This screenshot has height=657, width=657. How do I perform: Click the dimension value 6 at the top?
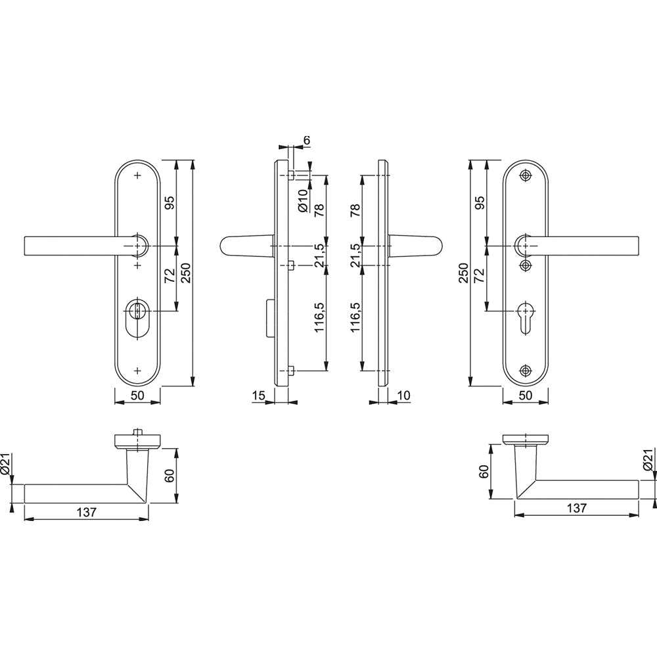[x=307, y=141]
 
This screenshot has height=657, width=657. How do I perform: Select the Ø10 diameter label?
[x=304, y=201]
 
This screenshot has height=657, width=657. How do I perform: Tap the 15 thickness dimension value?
[x=259, y=395]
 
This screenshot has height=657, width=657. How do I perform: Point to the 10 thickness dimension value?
[x=404, y=395]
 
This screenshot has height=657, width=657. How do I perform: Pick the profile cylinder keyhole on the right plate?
[x=525, y=317]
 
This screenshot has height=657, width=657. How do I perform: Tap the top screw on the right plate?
[x=526, y=175]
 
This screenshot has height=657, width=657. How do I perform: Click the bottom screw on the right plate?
[x=526, y=370]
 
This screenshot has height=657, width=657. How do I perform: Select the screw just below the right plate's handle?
[x=526, y=265]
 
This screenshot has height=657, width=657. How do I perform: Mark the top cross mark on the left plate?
[x=137, y=175]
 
